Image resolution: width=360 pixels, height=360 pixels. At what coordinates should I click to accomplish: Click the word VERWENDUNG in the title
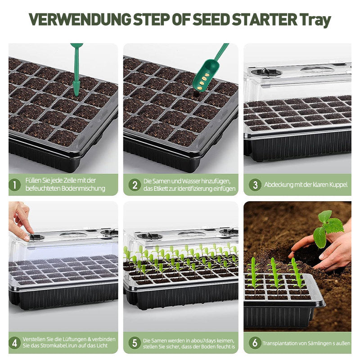tap(80, 19)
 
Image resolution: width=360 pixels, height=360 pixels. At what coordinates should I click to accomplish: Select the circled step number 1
tap(15, 185)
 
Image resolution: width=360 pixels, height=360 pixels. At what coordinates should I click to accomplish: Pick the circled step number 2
tap(135, 185)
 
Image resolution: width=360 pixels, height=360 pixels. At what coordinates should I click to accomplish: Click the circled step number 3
tap(255, 185)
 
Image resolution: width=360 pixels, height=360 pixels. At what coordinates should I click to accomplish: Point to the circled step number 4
tap(15, 343)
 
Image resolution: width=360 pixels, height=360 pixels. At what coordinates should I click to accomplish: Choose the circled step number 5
tap(135, 343)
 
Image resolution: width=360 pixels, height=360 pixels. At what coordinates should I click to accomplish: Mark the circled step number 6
tap(255, 343)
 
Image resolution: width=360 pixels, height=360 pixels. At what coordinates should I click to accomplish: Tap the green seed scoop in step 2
tap(208, 69)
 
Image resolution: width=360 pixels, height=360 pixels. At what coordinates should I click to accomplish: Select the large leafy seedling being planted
tap(327, 229)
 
